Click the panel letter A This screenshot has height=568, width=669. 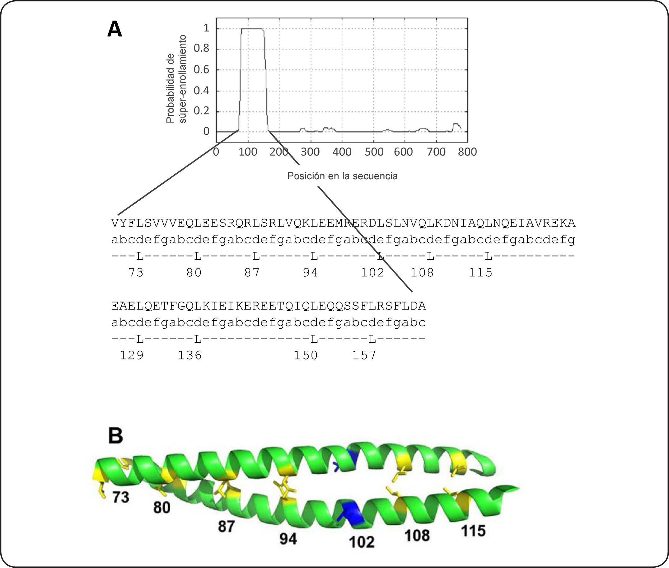point(115,29)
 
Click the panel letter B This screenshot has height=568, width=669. point(115,435)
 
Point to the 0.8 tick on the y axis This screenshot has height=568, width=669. point(202,49)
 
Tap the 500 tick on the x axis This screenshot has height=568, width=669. point(374,152)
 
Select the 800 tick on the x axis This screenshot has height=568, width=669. point(467,152)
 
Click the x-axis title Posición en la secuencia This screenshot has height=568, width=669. point(342,176)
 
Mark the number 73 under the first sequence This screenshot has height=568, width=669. point(136,273)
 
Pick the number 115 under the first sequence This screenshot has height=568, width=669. point(480,273)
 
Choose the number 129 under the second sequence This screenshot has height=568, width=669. point(132,355)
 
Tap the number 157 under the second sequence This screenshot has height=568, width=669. point(364,355)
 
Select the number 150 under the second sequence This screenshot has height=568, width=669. point(306,355)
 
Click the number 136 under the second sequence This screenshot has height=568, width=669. point(190,355)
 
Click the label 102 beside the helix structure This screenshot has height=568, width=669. point(362,542)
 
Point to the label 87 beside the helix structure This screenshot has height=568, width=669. point(226,527)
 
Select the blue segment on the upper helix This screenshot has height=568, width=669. point(352,458)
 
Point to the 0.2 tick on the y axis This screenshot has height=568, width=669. point(202,111)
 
